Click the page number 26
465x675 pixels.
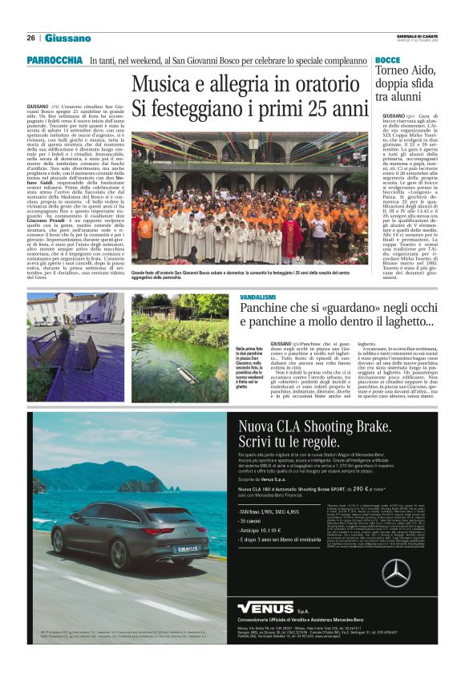coord(31,38)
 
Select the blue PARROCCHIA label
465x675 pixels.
coord(55,61)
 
